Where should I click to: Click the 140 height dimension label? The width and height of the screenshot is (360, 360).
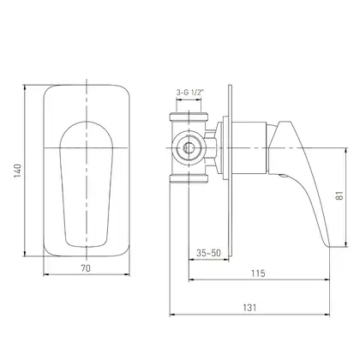pyautogui.click(x=18, y=171)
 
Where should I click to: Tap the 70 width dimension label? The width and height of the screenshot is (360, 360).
pyautogui.click(x=86, y=268)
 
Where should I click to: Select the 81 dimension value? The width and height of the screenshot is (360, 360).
pyautogui.click(x=339, y=195)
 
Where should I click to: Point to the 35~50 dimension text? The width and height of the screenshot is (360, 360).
pyautogui.click(x=208, y=253)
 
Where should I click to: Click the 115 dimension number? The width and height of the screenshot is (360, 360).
pyautogui.click(x=258, y=273)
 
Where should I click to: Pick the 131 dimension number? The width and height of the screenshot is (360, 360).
pyautogui.click(x=249, y=308)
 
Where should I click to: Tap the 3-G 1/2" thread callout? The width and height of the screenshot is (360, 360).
pyautogui.click(x=189, y=93)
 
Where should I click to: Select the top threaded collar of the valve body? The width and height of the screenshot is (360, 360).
pyautogui.click(x=189, y=117)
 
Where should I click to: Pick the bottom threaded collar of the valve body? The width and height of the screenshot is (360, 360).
pyautogui.click(x=189, y=179)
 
